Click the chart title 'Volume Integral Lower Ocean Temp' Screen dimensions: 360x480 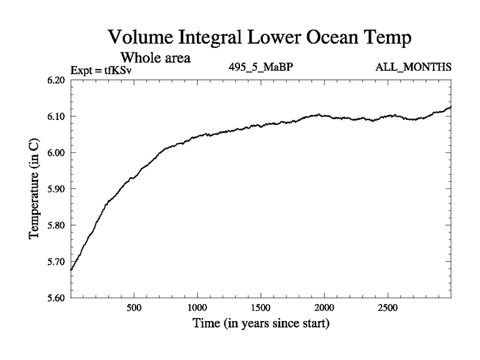pos(260,38)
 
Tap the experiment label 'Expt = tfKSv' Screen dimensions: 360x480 pos(101,70)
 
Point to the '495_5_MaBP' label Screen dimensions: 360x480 pos(260,67)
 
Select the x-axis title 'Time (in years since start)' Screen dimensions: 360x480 pos(261,324)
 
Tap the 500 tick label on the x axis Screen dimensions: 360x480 pos(134,308)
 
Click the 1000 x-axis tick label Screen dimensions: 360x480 pos(197,308)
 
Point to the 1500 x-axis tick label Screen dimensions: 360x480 pos(260,308)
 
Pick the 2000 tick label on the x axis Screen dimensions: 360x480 pos(324,308)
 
